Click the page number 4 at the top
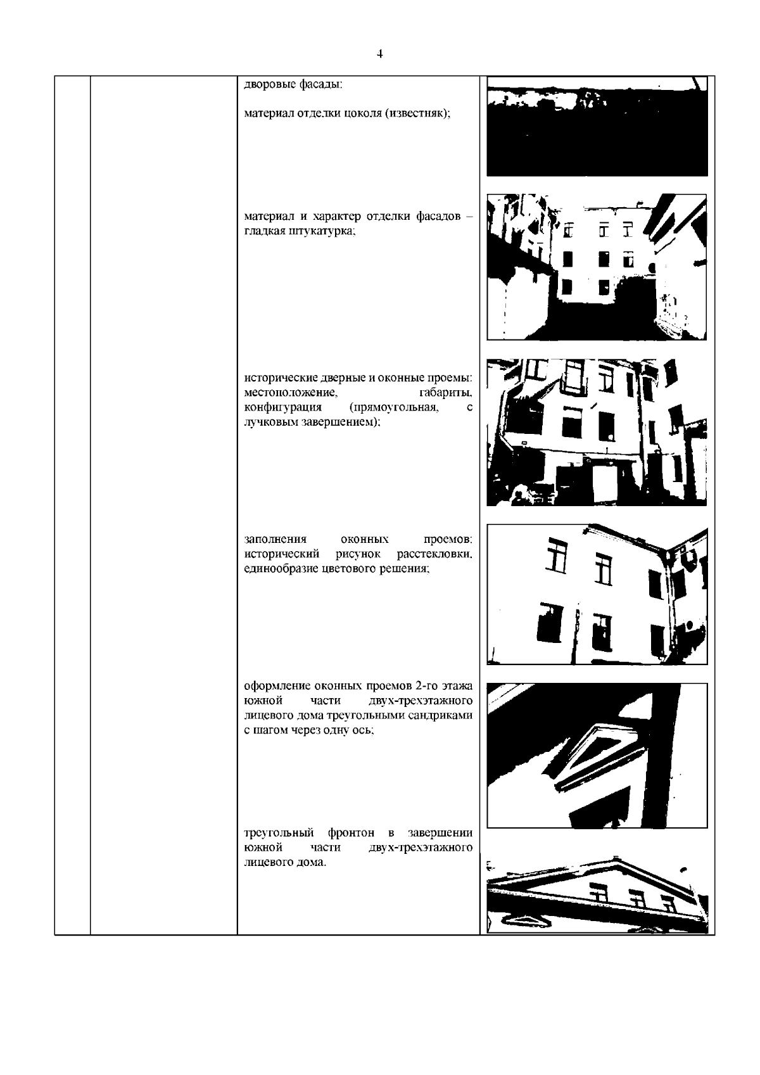379,54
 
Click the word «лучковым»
270,423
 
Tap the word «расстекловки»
434,554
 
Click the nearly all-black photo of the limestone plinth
597,127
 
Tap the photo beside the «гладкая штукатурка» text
597,267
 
